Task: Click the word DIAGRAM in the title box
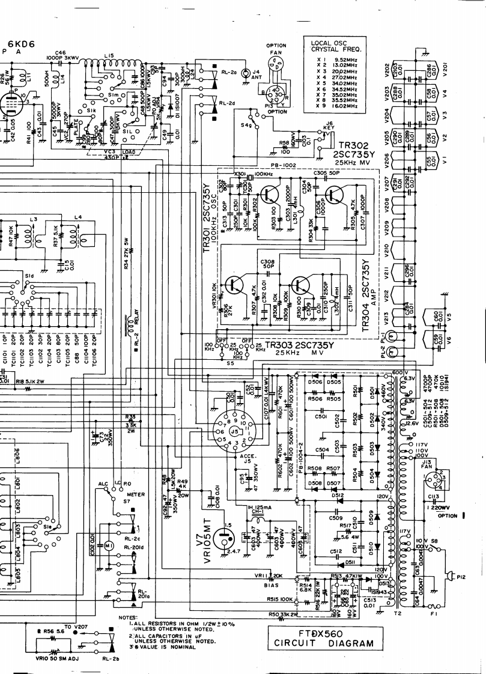tap(353, 644)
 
